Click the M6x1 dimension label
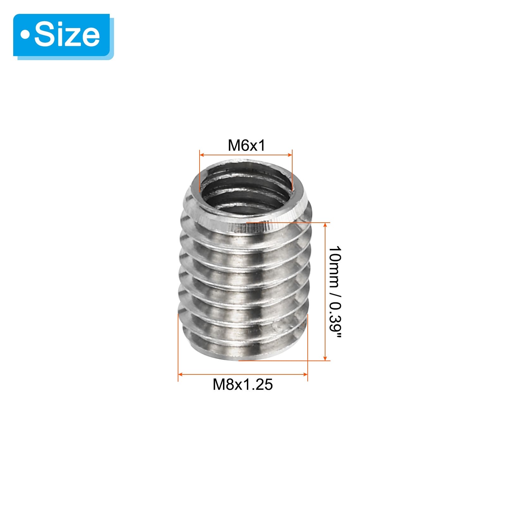pos(246,145)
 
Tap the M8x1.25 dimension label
pos(243,385)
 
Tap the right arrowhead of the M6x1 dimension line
pos(290,155)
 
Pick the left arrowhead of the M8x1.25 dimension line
pos(181,374)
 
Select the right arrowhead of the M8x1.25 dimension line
pos(305,374)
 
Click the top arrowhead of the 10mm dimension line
pos(325,225)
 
